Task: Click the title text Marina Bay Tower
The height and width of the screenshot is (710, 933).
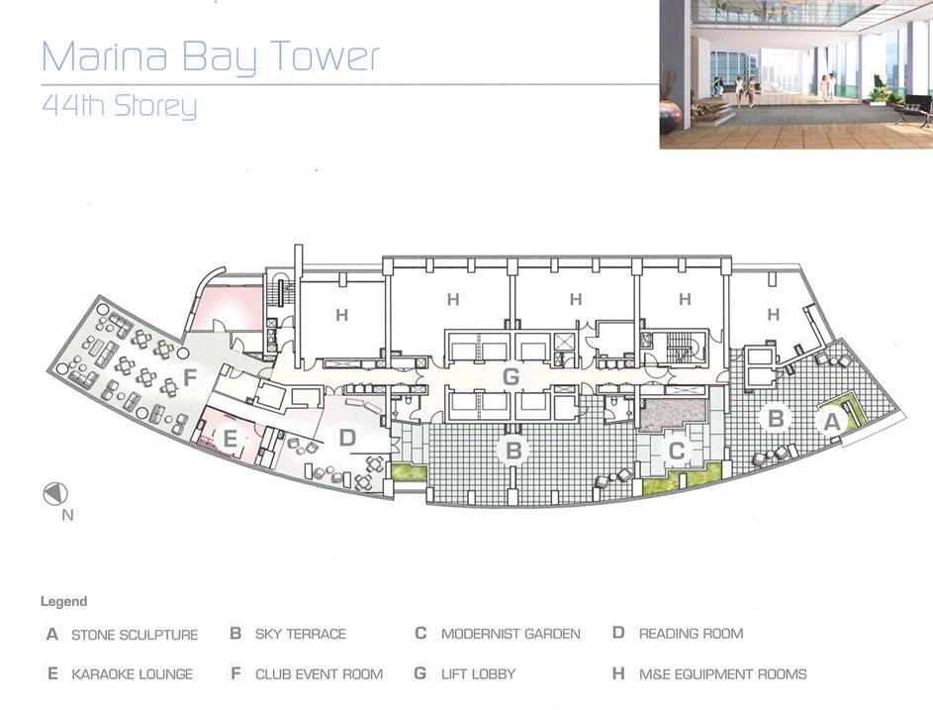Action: click(x=210, y=57)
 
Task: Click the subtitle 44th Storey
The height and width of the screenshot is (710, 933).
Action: click(x=119, y=105)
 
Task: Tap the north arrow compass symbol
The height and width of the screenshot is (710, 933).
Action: click(x=55, y=493)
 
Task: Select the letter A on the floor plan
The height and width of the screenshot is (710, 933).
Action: click(x=831, y=422)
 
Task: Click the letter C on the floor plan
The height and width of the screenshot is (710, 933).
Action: click(x=677, y=451)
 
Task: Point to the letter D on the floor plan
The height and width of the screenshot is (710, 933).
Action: click(x=347, y=438)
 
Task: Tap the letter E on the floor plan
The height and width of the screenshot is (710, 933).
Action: click(x=230, y=440)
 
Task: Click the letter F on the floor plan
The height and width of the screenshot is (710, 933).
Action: click(x=190, y=377)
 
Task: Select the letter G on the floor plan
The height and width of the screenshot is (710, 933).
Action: click(x=511, y=376)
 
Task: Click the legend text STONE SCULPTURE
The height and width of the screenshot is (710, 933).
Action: click(x=135, y=635)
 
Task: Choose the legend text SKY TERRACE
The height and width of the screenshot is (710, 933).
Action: click(x=301, y=634)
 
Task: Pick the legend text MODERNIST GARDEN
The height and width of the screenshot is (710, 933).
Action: click(x=511, y=634)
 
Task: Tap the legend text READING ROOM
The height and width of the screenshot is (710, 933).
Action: click(x=691, y=634)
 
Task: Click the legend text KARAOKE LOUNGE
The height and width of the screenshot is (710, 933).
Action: click(x=133, y=674)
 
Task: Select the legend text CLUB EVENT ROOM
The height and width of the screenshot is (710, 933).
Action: click(x=319, y=674)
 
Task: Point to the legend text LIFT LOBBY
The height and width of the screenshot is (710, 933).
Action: click(x=479, y=674)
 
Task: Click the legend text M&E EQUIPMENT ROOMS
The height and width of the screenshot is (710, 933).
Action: click(x=723, y=674)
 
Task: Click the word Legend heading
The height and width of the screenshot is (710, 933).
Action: click(x=63, y=602)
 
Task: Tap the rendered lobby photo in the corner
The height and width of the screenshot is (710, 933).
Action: click(x=796, y=74)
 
